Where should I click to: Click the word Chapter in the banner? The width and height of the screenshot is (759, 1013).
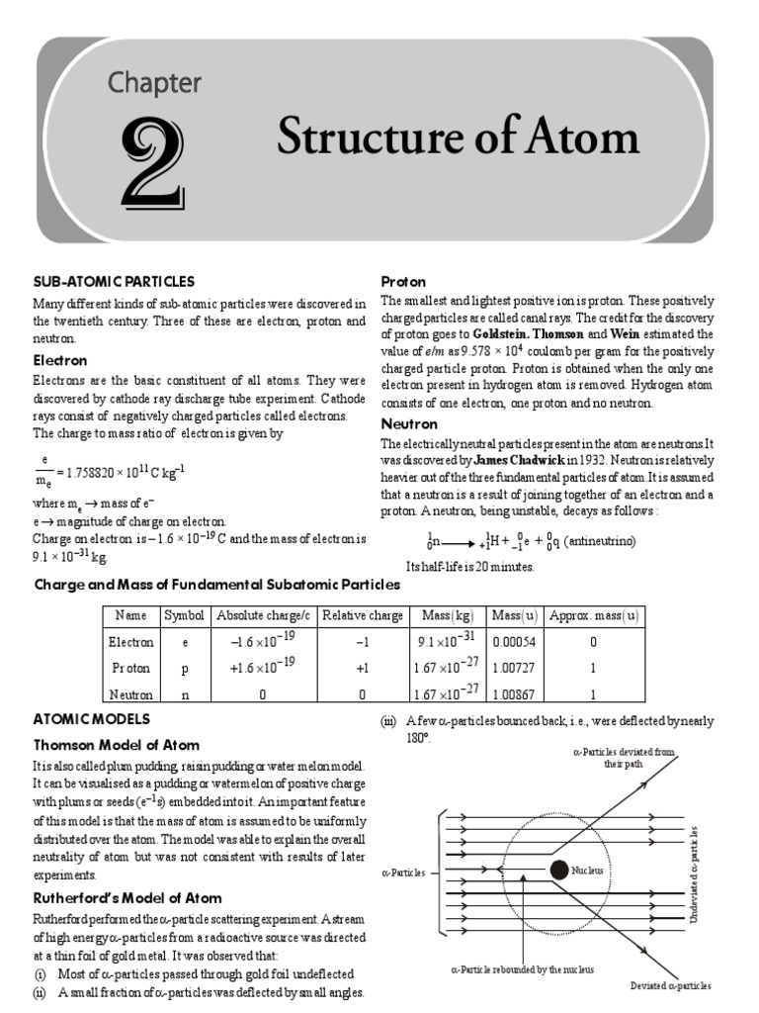point(154,82)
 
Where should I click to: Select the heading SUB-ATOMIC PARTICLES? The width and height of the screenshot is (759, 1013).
point(114,282)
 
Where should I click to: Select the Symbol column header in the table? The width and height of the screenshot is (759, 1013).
point(184,615)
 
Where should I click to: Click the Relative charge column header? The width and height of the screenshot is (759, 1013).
point(363,615)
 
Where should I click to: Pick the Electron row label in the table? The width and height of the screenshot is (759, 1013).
point(131,642)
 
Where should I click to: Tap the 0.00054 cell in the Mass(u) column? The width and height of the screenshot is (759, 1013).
point(506,642)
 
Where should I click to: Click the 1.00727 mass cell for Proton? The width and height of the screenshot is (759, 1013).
point(506,668)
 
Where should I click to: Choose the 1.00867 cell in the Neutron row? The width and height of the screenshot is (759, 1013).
point(506,694)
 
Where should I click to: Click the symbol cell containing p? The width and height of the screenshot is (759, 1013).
point(184,668)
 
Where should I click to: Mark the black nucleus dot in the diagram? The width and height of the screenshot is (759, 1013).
point(558,870)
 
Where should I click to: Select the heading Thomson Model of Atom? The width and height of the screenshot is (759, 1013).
point(117,745)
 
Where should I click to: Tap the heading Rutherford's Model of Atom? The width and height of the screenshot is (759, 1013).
point(127,898)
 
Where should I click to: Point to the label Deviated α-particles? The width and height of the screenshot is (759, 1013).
point(671,986)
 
